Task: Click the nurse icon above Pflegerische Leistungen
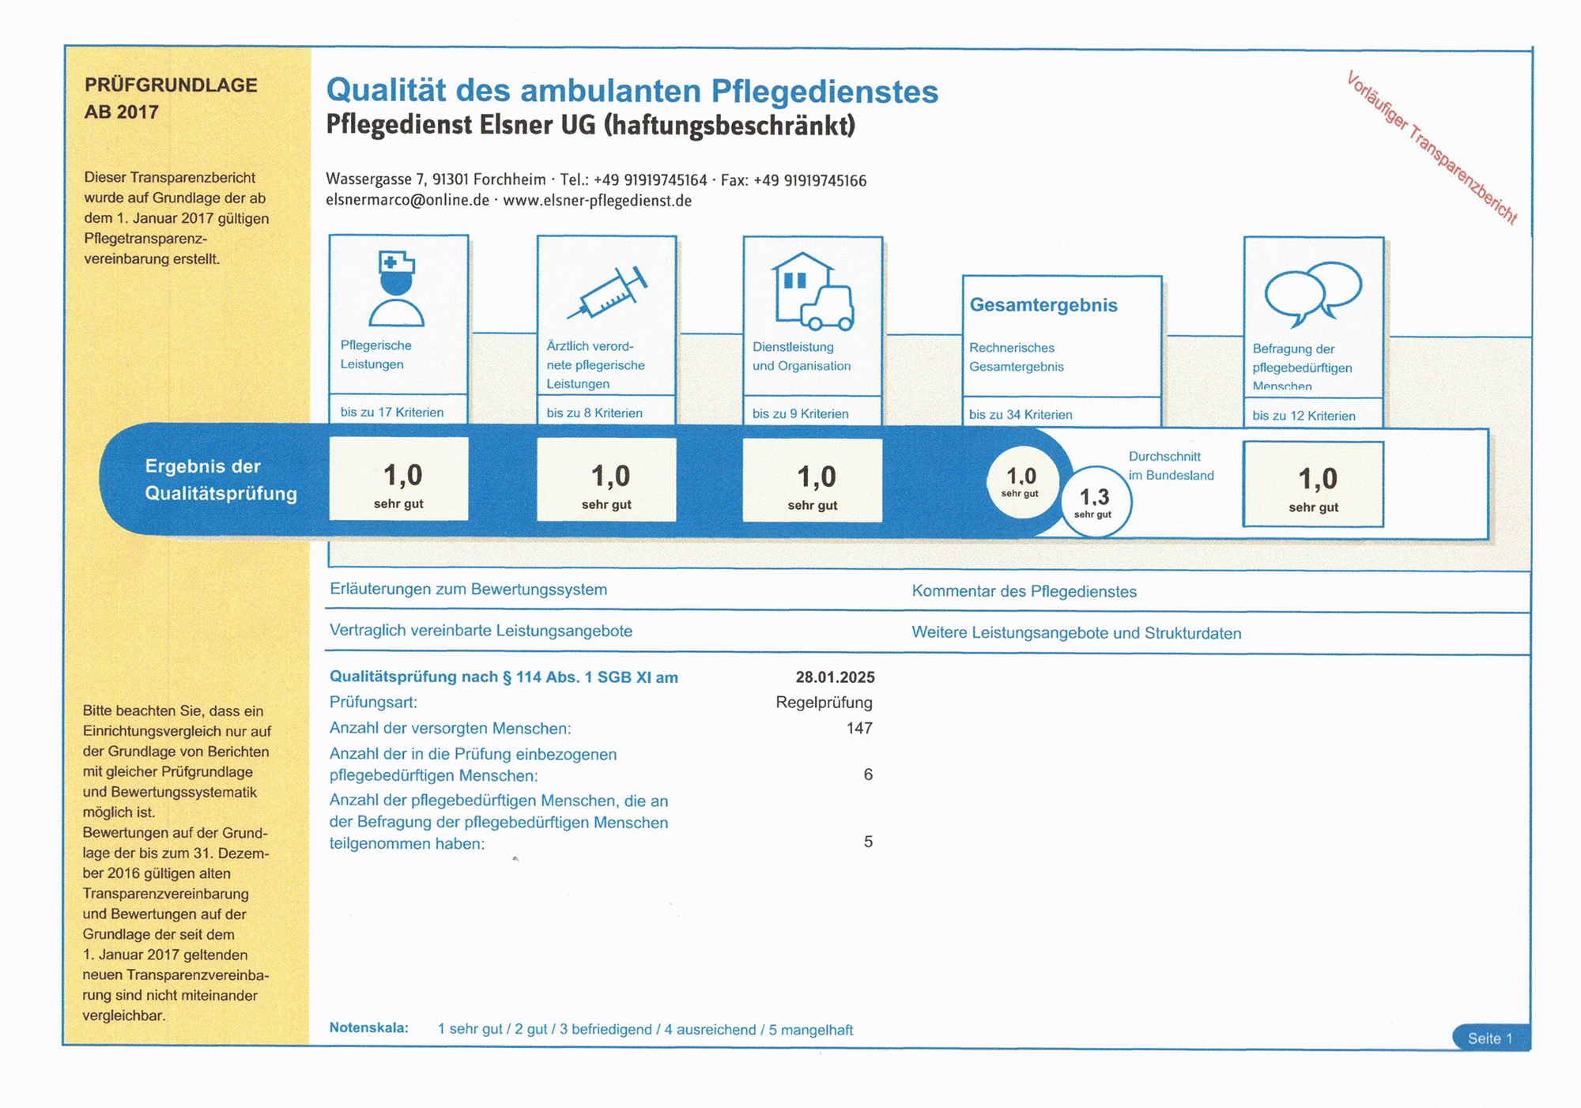point(397,289)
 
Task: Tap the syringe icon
point(607,293)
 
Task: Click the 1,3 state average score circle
point(1095,501)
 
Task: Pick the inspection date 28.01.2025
point(835,677)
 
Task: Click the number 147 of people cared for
point(859,728)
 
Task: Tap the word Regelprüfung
point(824,703)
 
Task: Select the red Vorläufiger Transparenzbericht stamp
point(1432,148)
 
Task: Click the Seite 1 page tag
point(1490,1038)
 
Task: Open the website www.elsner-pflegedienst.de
point(598,201)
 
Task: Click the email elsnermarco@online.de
point(407,201)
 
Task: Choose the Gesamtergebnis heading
point(1043,305)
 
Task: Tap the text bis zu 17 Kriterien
point(392,413)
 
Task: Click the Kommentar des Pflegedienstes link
point(1024,592)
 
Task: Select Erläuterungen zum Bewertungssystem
point(468,590)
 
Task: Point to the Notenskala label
point(369,1028)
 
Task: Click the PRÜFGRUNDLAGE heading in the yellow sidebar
point(171,85)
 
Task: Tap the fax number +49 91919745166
point(809,181)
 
